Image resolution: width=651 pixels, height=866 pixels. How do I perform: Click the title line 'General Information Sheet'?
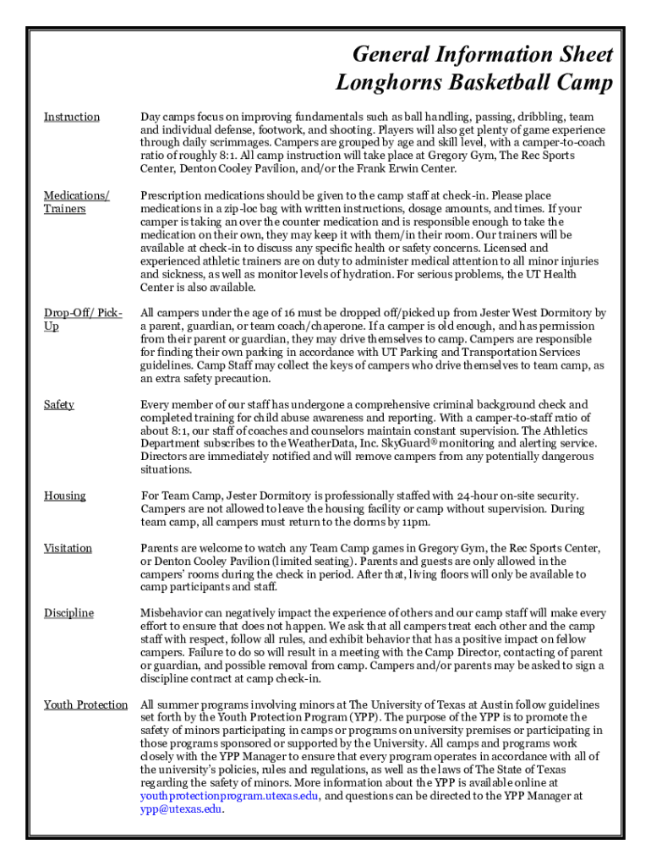coord(482,55)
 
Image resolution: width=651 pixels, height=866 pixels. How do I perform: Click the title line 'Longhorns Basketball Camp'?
coord(474,83)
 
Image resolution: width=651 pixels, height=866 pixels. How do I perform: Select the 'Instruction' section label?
coord(72,117)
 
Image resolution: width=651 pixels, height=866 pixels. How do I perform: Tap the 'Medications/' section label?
coord(77,195)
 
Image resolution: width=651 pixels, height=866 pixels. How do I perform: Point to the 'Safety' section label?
coord(59,404)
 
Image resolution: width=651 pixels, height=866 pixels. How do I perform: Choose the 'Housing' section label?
coord(65,496)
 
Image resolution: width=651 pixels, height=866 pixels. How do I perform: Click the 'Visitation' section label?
coord(68,548)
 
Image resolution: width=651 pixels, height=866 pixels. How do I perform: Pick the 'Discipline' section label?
coord(68,612)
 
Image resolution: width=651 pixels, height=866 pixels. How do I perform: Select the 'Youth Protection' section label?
coord(85,704)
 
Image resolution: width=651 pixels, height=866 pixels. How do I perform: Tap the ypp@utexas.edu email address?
coord(182,808)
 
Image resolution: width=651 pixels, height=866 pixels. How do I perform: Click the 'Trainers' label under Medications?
coord(65,208)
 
